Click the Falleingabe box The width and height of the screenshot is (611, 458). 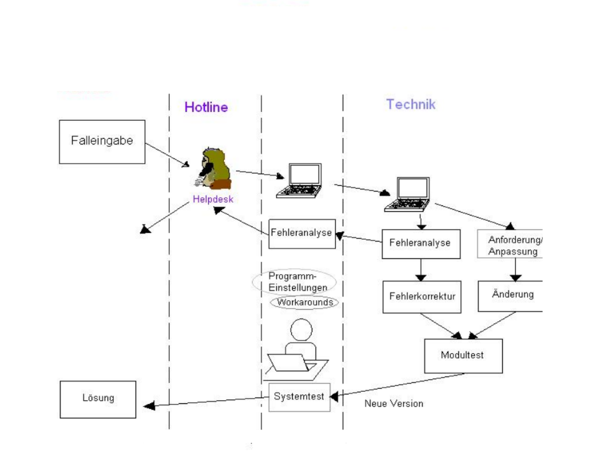(x=102, y=142)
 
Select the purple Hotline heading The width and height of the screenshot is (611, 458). (x=206, y=107)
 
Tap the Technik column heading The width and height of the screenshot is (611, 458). (x=411, y=104)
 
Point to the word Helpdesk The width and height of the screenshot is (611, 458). (x=213, y=199)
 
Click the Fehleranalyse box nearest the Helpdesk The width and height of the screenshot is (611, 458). (x=302, y=233)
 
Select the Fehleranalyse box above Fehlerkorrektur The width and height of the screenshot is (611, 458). (x=420, y=243)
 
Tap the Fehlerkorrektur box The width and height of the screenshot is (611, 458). (x=421, y=296)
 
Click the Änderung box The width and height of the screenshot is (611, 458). (x=512, y=295)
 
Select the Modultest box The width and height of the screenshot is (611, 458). (x=463, y=355)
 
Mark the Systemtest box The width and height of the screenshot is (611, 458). (x=299, y=397)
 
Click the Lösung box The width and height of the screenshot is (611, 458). (x=98, y=399)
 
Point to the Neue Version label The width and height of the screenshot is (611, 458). (x=393, y=403)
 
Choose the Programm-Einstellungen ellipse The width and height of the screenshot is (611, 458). (x=293, y=282)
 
